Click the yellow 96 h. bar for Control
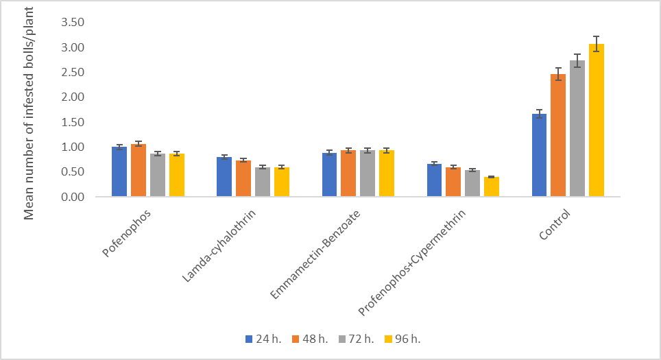click(596, 121)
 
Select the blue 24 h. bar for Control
click(539, 156)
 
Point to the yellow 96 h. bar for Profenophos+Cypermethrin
click(491, 187)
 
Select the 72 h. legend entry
click(352, 339)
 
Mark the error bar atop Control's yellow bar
click(596, 43)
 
